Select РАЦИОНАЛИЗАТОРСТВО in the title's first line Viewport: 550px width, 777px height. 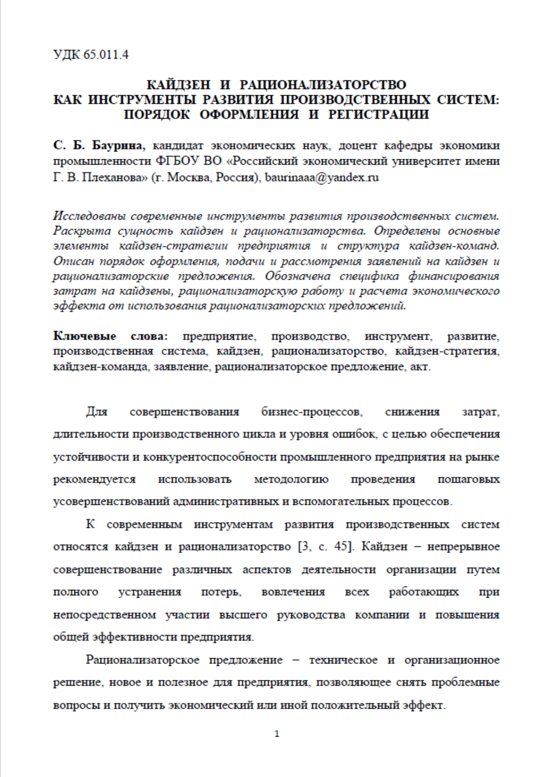(x=323, y=84)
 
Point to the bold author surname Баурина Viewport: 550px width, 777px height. (x=119, y=146)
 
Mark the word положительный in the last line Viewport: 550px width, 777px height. (x=358, y=705)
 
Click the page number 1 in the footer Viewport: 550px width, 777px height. (x=277, y=734)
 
